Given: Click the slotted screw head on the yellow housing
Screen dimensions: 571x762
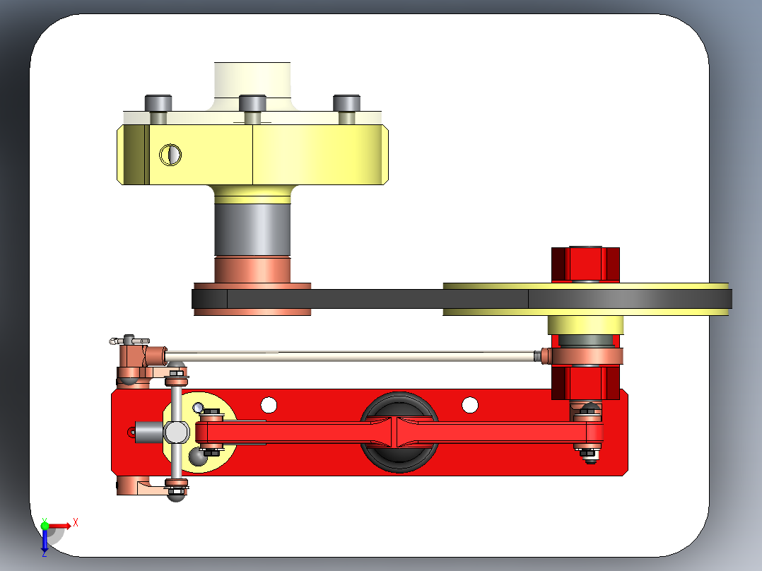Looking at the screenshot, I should [170, 154].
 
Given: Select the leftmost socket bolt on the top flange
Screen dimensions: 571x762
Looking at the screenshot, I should [158, 103].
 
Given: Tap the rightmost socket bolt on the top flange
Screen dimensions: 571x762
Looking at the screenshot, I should [346, 103].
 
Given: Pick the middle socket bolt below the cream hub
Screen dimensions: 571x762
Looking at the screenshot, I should [252, 104].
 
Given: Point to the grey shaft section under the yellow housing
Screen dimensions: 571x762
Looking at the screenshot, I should [252, 230].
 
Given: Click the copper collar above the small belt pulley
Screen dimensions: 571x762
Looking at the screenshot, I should [252, 269].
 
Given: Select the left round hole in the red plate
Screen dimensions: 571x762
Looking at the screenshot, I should [269, 405].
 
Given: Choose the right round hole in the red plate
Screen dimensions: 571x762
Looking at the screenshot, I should [470, 405].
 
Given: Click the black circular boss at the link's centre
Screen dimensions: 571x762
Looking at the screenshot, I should [398, 431].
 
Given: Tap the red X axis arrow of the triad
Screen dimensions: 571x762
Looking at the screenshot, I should [64, 525].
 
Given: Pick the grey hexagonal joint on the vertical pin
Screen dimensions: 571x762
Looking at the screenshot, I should [176, 431].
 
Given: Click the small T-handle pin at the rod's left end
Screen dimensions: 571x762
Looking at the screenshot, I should [127, 341].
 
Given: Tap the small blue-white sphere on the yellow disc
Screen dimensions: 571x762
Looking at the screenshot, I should [199, 407].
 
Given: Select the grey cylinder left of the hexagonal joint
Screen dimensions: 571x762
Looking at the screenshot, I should [148, 430].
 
